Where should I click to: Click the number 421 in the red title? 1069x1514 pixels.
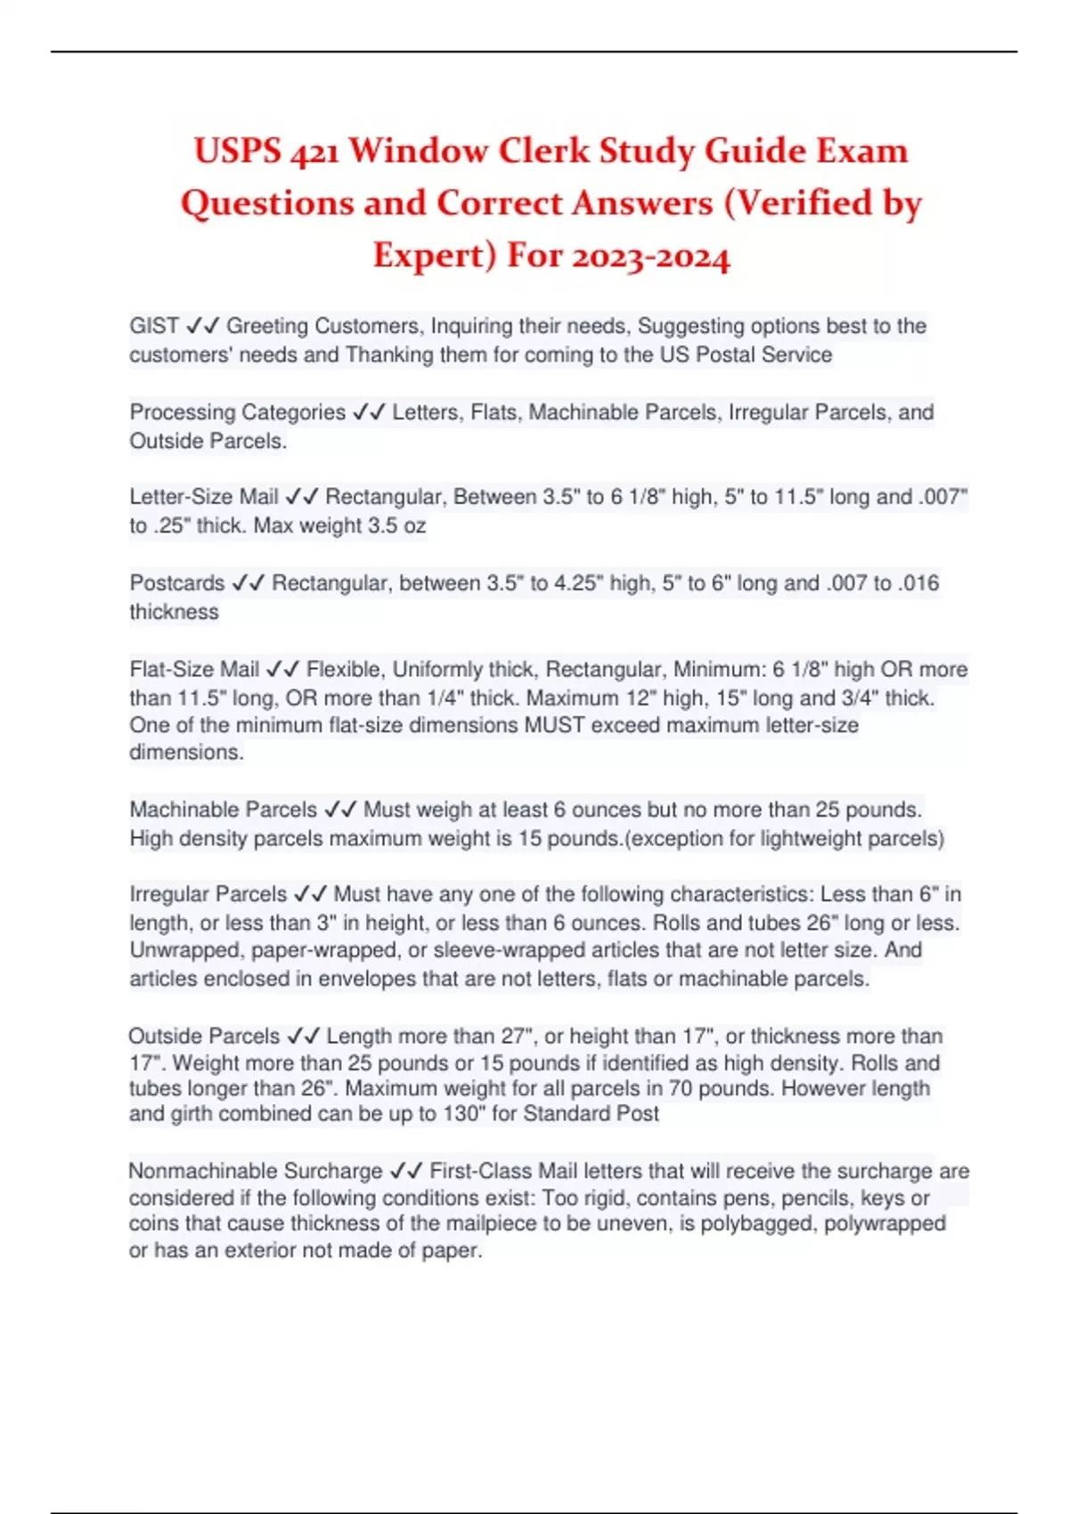pyautogui.click(x=314, y=152)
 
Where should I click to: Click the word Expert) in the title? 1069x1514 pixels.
pyautogui.click(x=434, y=256)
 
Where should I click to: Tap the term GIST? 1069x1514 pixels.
pyautogui.click(x=154, y=326)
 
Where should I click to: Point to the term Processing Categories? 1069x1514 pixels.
pyautogui.click(x=237, y=412)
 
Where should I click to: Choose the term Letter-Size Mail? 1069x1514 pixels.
pyautogui.click(x=204, y=497)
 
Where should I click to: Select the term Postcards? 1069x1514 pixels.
pyautogui.click(x=177, y=583)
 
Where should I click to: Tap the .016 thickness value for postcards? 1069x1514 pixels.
pyautogui.click(x=918, y=583)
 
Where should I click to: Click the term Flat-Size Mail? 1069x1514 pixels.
pyautogui.click(x=194, y=670)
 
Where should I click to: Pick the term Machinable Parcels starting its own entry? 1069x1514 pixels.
pyautogui.click(x=223, y=810)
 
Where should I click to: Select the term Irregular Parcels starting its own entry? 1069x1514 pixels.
pyautogui.click(x=208, y=894)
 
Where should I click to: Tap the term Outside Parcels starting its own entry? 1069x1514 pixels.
pyautogui.click(x=204, y=1036)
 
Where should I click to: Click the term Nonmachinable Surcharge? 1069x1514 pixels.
pyautogui.click(x=255, y=1171)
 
